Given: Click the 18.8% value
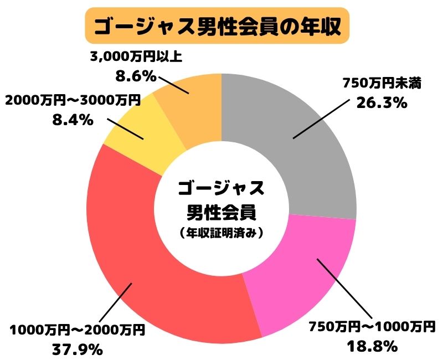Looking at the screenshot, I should tap(372, 347).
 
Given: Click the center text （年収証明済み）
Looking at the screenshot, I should tap(221, 233).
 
